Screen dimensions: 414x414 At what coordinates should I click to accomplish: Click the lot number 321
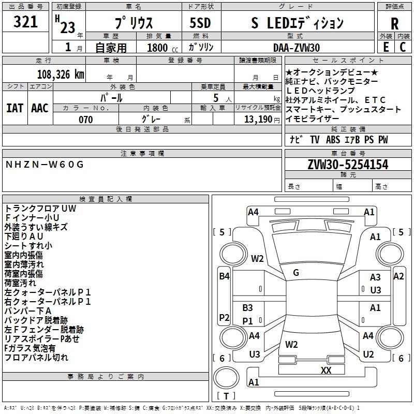25,22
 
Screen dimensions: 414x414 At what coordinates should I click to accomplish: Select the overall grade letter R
394,24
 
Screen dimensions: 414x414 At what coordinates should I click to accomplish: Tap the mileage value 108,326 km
61,75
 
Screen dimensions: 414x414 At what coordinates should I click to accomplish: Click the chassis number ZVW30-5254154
348,165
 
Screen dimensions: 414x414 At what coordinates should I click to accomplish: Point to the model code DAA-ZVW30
297,48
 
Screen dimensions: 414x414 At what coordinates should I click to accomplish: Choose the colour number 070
86,120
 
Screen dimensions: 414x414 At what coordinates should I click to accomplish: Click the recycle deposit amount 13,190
258,120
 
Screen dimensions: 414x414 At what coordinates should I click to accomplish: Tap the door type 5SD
200,23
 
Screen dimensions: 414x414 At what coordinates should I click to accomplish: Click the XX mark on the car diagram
326,370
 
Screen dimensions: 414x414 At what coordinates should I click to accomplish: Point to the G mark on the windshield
296,273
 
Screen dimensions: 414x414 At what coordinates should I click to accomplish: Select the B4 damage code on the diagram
225,276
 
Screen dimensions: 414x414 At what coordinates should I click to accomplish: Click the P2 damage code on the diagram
224,317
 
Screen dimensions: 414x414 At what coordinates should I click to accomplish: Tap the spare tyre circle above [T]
226,378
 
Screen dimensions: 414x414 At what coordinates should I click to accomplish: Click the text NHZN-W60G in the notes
45,165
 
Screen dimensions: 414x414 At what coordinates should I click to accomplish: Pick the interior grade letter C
403,47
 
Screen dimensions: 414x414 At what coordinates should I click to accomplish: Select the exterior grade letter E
386,47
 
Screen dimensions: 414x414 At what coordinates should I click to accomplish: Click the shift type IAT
15,108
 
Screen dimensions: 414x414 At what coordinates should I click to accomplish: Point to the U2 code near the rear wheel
368,354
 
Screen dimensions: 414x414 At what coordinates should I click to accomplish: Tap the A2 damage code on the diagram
398,276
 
